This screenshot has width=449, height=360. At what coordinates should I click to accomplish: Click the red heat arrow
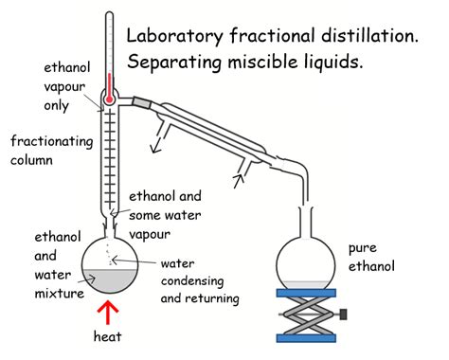(112, 315)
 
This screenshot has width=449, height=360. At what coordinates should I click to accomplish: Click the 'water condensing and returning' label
(200, 280)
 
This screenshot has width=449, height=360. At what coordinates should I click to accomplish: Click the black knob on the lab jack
(347, 312)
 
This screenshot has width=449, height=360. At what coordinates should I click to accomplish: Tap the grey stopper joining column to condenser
(143, 99)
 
